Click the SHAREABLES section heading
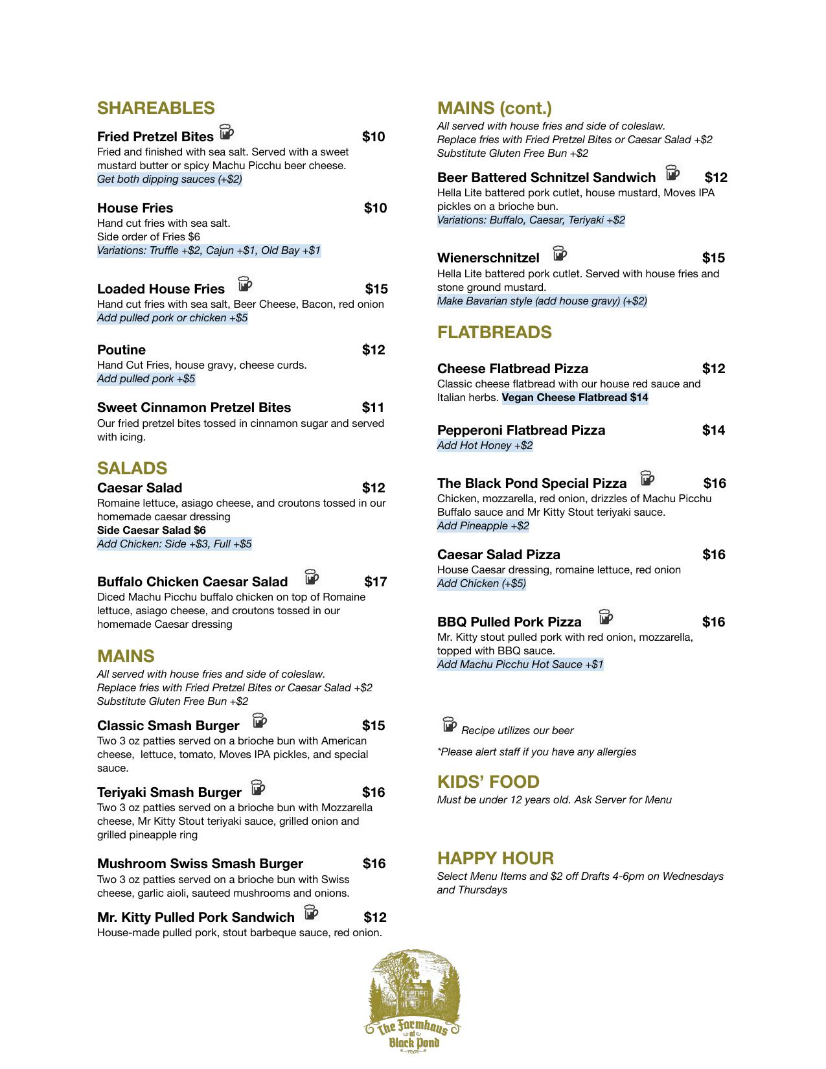tap(155, 108)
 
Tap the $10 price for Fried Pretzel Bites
tap(373, 137)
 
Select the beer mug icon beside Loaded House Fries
tap(245, 284)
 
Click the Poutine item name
tap(121, 350)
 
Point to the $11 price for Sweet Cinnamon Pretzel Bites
tap(373, 408)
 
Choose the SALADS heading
tap(132, 468)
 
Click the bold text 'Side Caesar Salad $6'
tap(152, 530)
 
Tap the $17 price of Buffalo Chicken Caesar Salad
tap(375, 582)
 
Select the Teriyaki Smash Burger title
tap(169, 792)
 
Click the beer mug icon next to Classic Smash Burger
tap(260, 721)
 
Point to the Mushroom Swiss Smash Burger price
tap(374, 864)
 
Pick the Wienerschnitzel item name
tap(488, 258)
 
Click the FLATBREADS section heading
tap(494, 332)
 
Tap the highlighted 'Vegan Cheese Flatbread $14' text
tap(575, 398)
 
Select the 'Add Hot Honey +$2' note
tap(485, 446)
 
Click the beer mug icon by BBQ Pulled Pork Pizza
tap(606, 617)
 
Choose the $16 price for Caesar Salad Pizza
tap(713, 555)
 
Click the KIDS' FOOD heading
tap(488, 782)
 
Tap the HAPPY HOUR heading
tap(495, 858)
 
